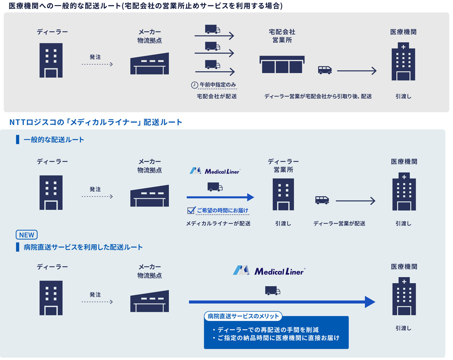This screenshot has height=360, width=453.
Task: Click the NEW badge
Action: pos(26,235)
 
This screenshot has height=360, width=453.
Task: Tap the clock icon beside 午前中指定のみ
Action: pos(194,85)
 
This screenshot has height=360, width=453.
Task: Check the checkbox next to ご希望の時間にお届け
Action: pos(191,210)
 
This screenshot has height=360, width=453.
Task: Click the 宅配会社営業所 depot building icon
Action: pos(282,64)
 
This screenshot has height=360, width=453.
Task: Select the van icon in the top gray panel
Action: pos(325,70)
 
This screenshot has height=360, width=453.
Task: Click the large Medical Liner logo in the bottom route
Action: pos(269,270)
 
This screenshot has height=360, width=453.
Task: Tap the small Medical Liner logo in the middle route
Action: pos(215,171)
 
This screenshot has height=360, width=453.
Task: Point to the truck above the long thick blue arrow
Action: pos(273,290)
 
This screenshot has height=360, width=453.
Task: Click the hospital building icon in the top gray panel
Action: pos(403,62)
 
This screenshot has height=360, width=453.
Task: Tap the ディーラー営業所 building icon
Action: pos(283,194)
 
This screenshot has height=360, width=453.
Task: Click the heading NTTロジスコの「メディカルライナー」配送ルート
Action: pos(96,122)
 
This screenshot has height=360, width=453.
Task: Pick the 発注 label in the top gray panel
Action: pos(96,57)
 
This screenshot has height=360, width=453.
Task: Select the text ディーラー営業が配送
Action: pos(339,223)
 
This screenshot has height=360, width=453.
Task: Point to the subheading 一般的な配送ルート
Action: pos(54,140)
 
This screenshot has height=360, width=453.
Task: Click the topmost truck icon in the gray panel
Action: pos(213,29)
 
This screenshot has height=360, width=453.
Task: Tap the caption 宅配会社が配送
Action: pos(217,96)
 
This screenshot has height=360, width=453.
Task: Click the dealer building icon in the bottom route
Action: pos(51,298)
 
